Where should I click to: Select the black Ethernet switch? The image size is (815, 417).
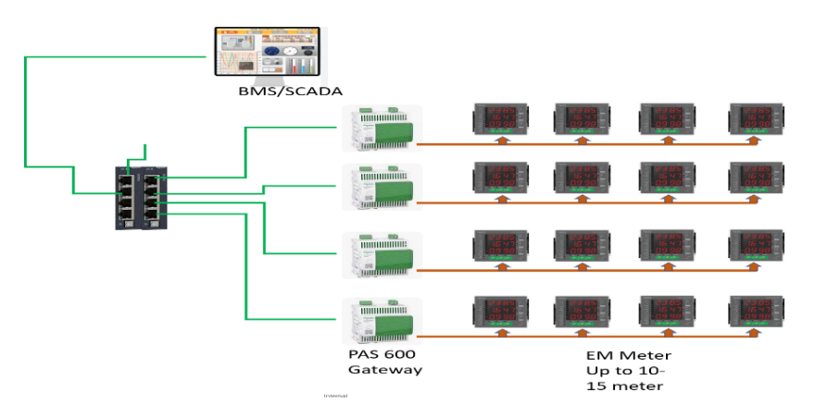(143, 196)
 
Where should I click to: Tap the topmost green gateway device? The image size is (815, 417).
(381, 129)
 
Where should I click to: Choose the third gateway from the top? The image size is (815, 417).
(381, 253)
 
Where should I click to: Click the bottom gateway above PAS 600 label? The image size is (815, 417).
(381, 320)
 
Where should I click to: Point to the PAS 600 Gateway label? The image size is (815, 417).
(384, 362)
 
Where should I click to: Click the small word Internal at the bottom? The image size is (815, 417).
(334, 395)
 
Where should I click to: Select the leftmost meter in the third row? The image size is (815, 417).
(500, 245)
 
